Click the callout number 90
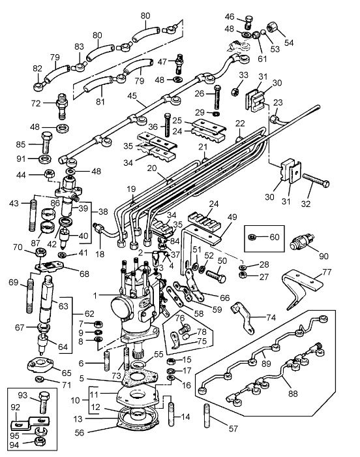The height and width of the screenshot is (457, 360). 323,256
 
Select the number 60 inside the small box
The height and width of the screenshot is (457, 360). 275,237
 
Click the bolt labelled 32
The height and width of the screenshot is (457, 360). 316,180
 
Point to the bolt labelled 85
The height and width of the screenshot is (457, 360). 47,142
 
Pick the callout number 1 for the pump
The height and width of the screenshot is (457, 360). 95,296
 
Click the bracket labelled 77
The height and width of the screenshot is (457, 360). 303,289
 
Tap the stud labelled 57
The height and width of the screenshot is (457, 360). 207,416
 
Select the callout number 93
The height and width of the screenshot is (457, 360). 23,395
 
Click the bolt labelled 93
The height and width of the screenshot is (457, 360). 44,402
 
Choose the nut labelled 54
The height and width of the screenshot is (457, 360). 273,27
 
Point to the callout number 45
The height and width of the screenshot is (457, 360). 132,95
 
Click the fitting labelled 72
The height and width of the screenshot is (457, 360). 62,106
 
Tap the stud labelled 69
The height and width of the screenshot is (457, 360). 29,296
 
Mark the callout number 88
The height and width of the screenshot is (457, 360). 293,394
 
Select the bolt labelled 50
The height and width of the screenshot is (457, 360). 216,276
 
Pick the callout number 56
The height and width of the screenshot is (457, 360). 80,432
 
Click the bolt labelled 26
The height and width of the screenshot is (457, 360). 218,97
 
